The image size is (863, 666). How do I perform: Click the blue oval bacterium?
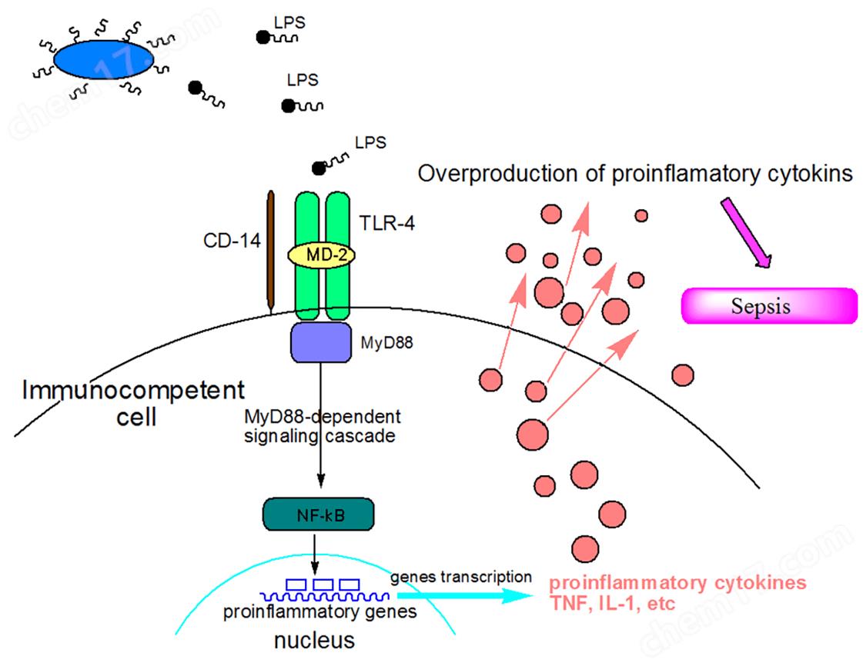[x=103, y=58]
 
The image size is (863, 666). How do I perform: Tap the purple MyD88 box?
[x=319, y=342]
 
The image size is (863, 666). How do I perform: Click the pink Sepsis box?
[x=770, y=306]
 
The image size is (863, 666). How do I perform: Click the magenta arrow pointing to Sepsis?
[x=745, y=231]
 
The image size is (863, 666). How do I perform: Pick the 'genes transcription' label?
[x=460, y=575]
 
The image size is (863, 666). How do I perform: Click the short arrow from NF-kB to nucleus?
[x=316, y=551]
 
